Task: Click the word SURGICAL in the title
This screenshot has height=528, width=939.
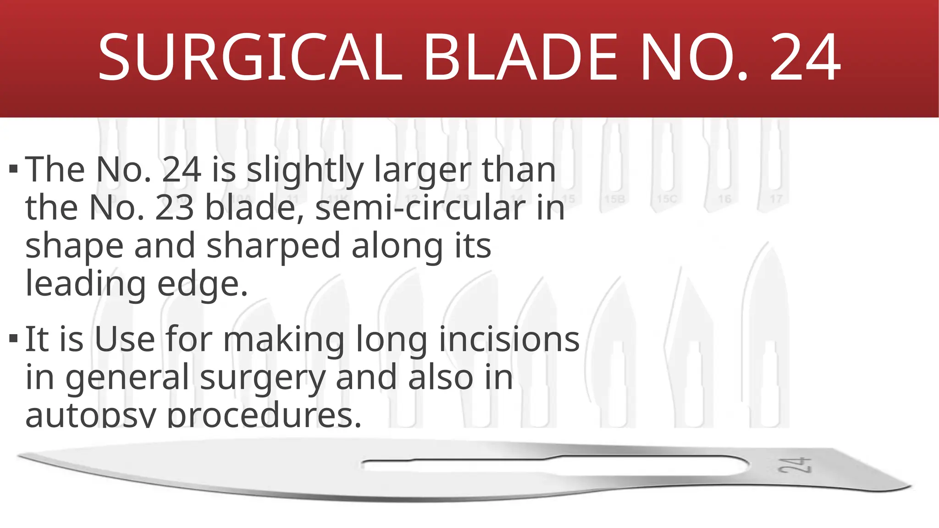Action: [x=250, y=58]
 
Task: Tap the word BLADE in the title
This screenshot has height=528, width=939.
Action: [x=521, y=58]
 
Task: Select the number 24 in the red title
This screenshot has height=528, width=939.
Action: [x=805, y=58]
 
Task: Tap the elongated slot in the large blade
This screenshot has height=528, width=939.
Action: [x=550, y=465]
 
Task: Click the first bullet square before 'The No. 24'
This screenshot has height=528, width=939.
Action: [x=13, y=169]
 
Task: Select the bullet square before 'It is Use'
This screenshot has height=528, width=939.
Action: [x=13, y=339]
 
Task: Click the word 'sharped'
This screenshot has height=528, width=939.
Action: [x=273, y=246]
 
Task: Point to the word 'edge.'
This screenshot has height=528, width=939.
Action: [x=202, y=284]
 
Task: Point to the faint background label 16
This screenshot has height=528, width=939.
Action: [x=724, y=199]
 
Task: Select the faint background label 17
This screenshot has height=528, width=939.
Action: [x=776, y=199]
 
